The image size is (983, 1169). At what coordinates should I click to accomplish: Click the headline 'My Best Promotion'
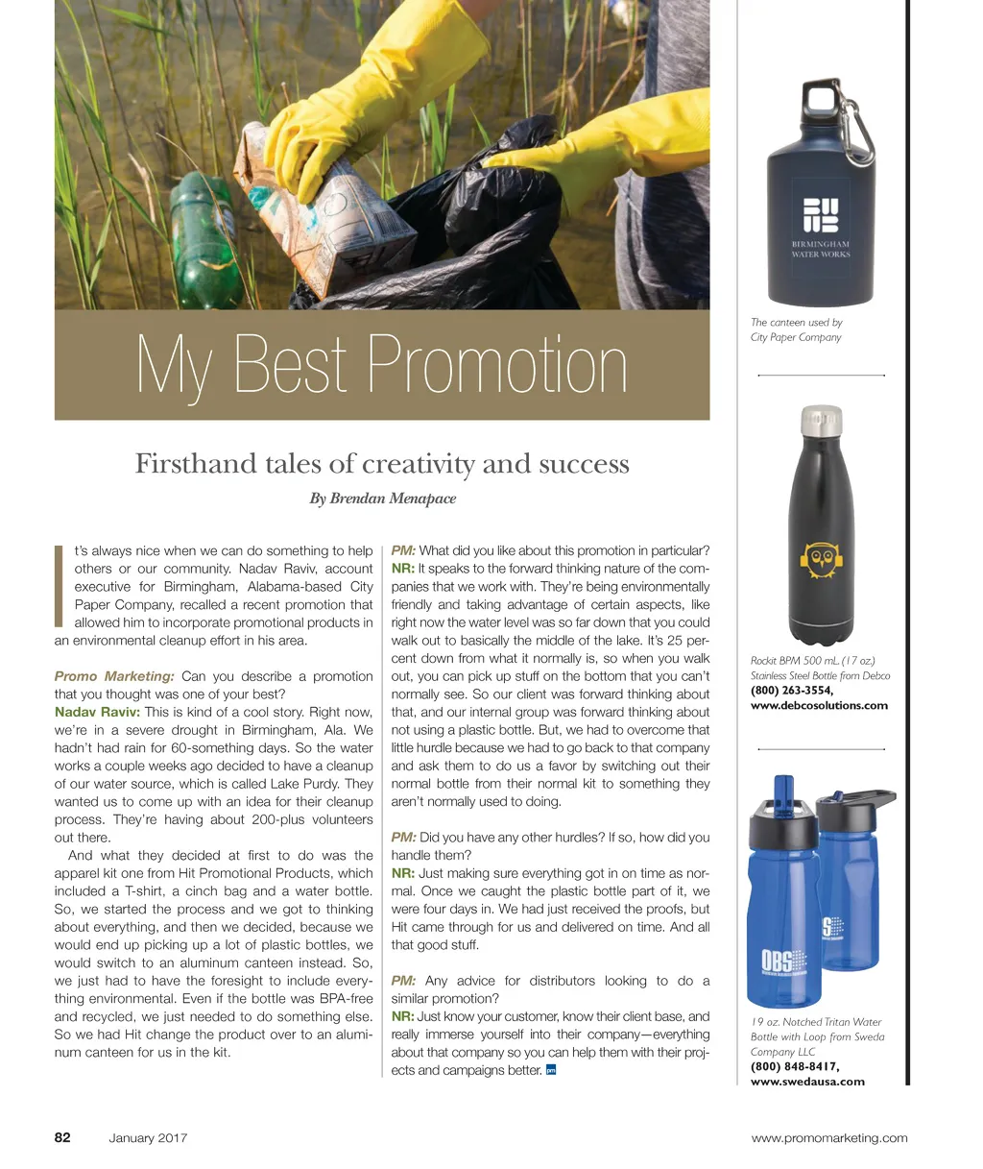coord(382,365)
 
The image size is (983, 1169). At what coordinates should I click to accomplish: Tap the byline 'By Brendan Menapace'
coord(382,499)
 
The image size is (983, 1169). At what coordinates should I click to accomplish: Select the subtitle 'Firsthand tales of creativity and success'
coord(382,464)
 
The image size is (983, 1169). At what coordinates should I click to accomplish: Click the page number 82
coord(62,1137)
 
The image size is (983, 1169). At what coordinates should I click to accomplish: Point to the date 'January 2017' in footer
coord(148,1138)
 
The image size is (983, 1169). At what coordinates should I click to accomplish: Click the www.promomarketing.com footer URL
coord(829,1138)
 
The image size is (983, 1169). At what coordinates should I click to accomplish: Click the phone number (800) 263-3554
coord(792,690)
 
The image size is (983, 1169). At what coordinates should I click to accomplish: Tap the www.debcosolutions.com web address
coord(819,705)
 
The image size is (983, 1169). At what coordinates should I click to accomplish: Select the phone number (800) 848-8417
coord(795,1066)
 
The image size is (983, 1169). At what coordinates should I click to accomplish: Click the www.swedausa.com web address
coord(807,1081)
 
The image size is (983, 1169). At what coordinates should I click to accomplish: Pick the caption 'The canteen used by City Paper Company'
coord(797,329)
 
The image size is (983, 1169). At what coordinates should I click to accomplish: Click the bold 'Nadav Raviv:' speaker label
coord(97,712)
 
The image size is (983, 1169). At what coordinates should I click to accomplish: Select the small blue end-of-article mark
coord(551,1070)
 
